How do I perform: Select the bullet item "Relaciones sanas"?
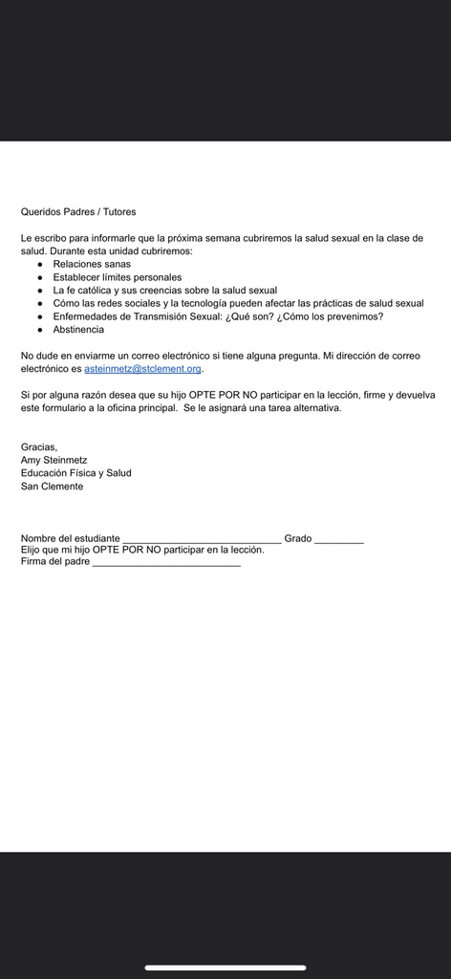92,264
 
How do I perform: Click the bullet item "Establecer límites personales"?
117,277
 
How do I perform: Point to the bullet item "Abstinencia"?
78,330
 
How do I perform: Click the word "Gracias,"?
39,446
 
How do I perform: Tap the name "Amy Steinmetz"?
54,460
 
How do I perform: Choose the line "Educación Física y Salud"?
76,473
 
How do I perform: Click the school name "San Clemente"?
53,487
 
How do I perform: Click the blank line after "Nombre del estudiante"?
202,541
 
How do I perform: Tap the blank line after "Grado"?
339,541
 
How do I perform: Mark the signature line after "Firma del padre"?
166,565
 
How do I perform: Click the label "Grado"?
298,539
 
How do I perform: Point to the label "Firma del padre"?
55,562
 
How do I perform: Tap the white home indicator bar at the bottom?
225,968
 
